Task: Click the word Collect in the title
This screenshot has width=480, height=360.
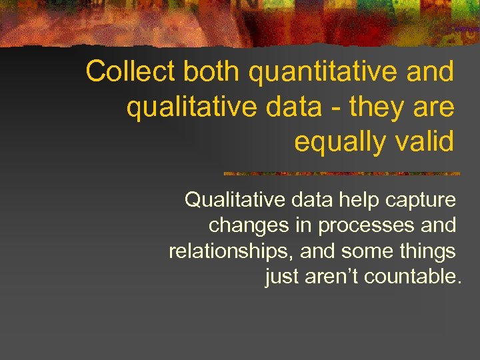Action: point(130,72)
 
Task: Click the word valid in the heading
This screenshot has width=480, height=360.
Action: point(425,141)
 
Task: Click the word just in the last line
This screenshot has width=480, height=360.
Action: point(281,276)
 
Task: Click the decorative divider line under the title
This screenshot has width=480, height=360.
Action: point(341,173)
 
